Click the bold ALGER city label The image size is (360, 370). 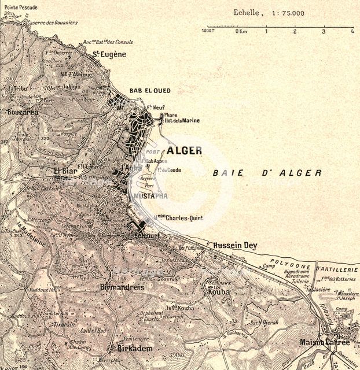(x=185, y=151)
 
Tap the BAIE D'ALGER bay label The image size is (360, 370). (x=267, y=173)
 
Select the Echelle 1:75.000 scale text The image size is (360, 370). (x=269, y=13)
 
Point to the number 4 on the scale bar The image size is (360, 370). (x=352, y=32)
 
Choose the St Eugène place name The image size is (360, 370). (x=109, y=54)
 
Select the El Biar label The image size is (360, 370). (x=65, y=171)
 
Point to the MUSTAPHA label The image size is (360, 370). (x=150, y=197)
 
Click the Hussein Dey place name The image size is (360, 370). (x=235, y=245)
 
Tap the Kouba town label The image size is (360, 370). (x=216, y=292)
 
